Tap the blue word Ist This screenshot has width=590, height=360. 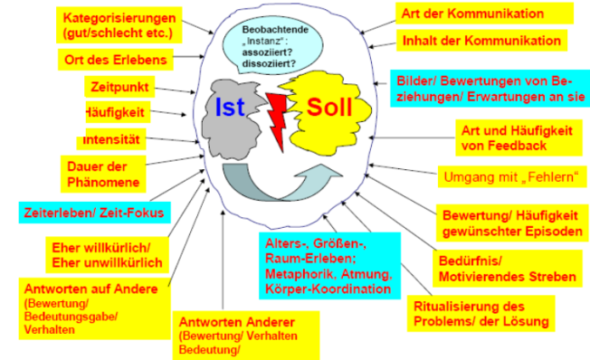pos(230,108)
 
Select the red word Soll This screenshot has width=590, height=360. pos(329,108)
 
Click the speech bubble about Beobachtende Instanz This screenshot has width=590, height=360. pos(272,47)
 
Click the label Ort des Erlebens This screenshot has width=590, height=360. pos(116,60)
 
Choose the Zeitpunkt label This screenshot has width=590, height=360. pos(119,87)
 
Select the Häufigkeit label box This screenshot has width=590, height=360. pos(118,112)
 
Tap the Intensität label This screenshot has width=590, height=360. pos(111,139)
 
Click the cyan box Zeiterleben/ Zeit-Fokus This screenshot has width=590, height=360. pos(94,213)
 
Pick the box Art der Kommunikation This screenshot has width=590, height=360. pos(484,14)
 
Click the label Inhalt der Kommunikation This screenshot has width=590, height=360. pos(481,41)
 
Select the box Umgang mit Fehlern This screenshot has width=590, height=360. pos(512,176)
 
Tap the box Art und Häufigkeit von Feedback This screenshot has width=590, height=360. pos(519,137)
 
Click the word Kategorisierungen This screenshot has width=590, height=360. pos(119,18)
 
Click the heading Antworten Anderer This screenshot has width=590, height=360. pos(237,322)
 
